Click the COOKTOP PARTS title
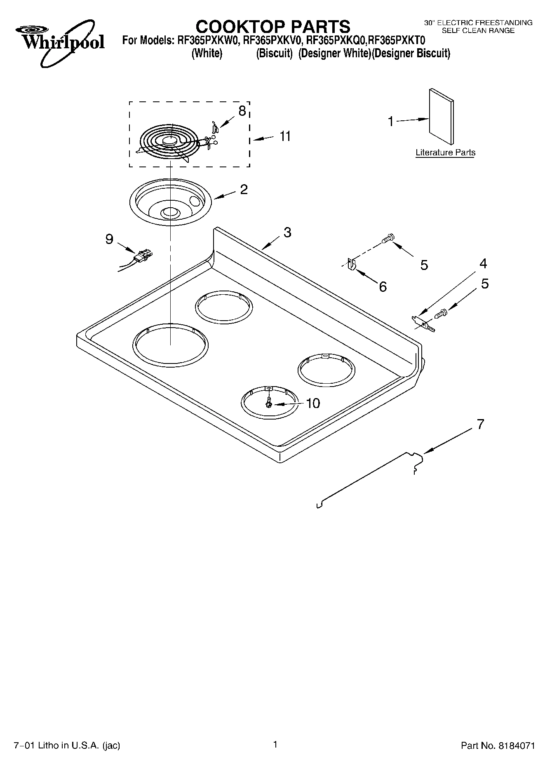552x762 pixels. [272, 26]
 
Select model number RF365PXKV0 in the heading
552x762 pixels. [273, 41]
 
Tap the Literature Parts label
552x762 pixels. [445, 152]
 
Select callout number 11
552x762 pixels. [285, 136]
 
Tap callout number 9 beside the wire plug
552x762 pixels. [109, 239]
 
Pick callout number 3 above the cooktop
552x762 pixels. [287, 232]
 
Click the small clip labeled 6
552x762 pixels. [351, 264]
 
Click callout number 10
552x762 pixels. [313, 403]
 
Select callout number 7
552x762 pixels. [480, 424]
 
